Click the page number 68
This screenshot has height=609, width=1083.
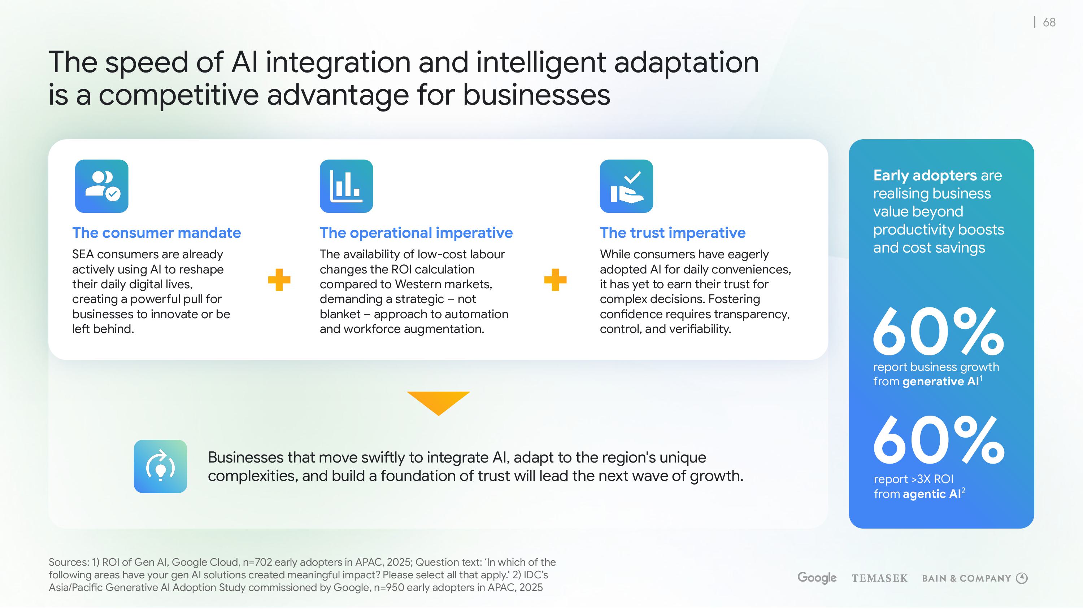pyautogui.click(x=1049, y=22)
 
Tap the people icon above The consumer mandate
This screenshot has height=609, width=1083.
pyautogui.click(x=102, y=186)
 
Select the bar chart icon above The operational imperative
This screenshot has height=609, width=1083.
pyautogui.click(x=346, y=186)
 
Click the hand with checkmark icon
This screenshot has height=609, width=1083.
pyautogui.click(x=626, y=186)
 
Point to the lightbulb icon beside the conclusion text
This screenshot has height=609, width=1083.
pyautogui.click(x=160, y=466)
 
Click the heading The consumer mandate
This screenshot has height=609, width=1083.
pyautogui.click(x=156, y=232)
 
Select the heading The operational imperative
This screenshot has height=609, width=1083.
pyautogui.click(x=416, y=232)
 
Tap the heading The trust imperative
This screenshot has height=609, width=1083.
pyautogui.click(x=673, y=232)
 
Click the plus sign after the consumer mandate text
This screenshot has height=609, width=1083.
pyautogui.click(x=279, y=280)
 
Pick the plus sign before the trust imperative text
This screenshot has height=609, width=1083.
pyautogui.click(x=555, y=280)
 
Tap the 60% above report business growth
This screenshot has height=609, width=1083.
pyautogui.click(x=938, y=331)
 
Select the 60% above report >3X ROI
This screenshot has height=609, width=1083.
pyautogui.click(x=938, y=440)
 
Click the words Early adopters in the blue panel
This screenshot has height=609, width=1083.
pyautogui.click(x=925, y=175)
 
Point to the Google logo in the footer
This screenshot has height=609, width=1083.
pyautogui.click(x=817, y=578)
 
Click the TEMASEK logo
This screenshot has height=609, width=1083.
pyautogui.click(x=879, y=578)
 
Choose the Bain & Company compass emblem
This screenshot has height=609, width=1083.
pyautogui.click(x=1022, y=578)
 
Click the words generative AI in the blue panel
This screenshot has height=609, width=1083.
pyautogui.click(x=940, y=382)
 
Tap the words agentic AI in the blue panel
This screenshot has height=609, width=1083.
pyautogui.click(x=932, y=494)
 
